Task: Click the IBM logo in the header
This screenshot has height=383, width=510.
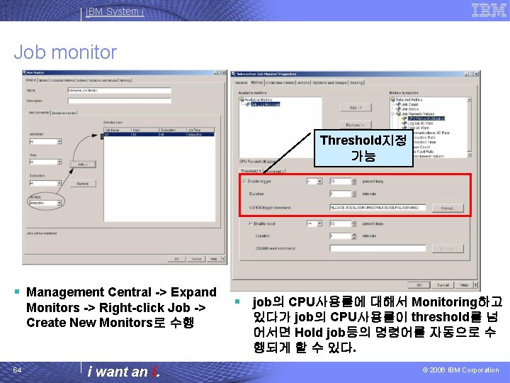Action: click(x=489, y=10)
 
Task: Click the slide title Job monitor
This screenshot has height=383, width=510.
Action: click(x=65, y=52)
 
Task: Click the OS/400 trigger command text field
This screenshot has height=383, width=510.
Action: click(x=379, y=208)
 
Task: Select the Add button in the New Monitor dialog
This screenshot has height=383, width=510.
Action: click(x=82, y=164)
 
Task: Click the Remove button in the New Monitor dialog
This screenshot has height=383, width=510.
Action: click(x=82, y=183)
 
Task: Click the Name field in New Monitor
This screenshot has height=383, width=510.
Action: click(x=119, y=90)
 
